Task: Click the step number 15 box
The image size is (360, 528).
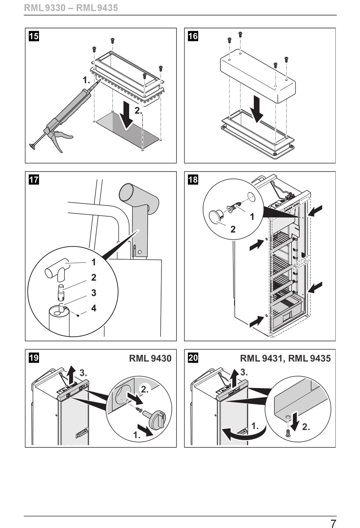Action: coord(34,36)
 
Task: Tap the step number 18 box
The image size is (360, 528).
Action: coord(193,180)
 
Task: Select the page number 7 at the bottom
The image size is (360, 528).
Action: coord(333,522)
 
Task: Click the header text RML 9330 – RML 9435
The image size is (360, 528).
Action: coord(71,8)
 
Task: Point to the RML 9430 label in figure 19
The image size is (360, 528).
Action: coord(150,358)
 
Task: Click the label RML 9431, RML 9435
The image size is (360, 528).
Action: coord(285,358)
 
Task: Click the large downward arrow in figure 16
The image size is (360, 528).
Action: coord(257,109)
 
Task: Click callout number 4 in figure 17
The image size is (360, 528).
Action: coord(94,308)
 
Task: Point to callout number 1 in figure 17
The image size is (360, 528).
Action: coord(94,262)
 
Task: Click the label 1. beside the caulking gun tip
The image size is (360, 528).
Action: coord(86,80)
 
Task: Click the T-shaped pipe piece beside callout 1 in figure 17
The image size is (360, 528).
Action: coord(58,270)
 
